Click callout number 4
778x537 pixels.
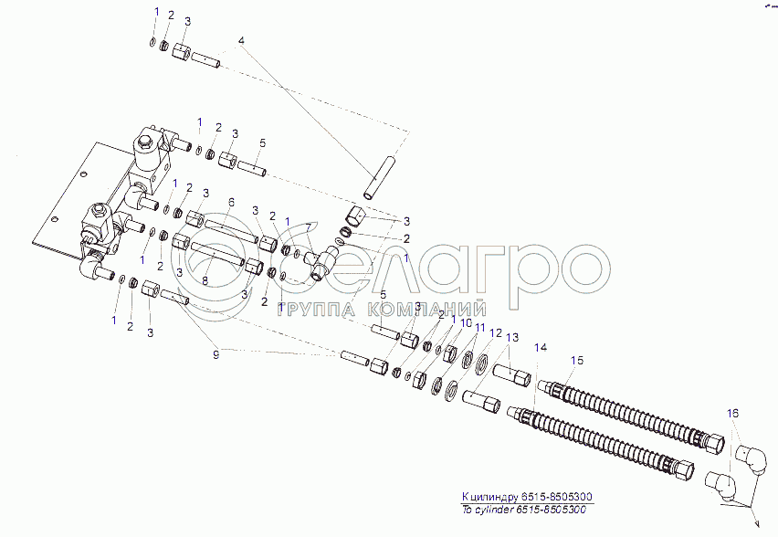pyautogui.click(x=242, y=41)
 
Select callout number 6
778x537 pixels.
pyautogui.click(x=232, y=202)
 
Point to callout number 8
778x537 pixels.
pyautogui.click(x=205, y=281)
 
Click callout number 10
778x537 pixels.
pyautogui.click(x=465, y=323)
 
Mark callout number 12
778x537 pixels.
pyautogui.click(x=497, y=334)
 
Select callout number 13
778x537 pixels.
pyautogui.click(x=512, y=339)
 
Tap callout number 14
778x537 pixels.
pyautogui.click(x=539, y=347)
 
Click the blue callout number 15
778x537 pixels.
pyautogui.click(x=575, y=360)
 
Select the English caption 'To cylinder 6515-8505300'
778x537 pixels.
pyautogui.click(x=524, y=510)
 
